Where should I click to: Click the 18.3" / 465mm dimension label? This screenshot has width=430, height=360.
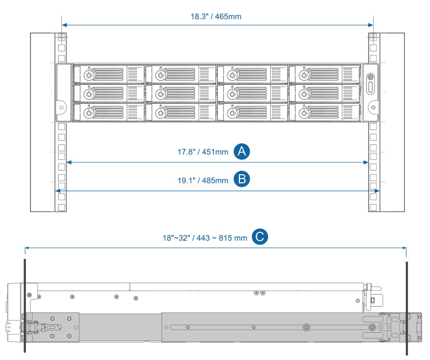[x=216, y=17]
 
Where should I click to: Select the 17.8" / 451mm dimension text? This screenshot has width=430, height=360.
[x=203, y=152]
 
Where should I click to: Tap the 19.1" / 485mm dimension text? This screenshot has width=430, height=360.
[x=203, y=180]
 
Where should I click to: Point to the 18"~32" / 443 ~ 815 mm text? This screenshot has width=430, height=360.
[x=205, y=238]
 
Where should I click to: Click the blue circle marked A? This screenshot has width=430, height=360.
[x=241, y=152]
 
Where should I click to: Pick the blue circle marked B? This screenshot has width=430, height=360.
[x=241, y=179]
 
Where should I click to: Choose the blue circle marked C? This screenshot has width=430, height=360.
[x=260, y=237]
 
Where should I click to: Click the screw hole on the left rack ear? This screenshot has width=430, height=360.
[x=62, y=108]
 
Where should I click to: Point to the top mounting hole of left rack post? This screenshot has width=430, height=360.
[x=62, y=38]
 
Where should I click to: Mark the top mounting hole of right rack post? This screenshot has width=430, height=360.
[x=372, y=38]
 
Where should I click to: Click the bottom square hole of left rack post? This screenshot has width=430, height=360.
[x=62, y=207]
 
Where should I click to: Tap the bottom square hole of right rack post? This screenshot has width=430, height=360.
[x=372, y=207]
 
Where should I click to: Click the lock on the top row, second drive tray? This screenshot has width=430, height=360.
[x=160, y=76]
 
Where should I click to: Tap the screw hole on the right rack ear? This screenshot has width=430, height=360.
[x=372, y=108]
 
